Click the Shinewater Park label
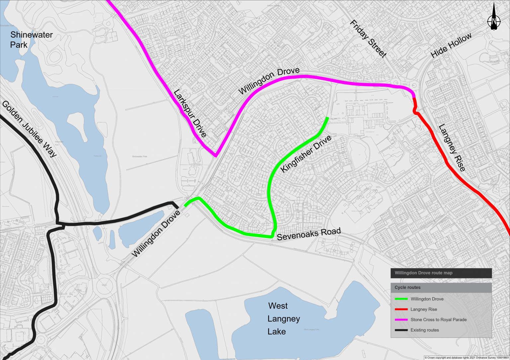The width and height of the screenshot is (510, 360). (31, 39)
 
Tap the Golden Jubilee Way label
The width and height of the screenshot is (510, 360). (29, 129)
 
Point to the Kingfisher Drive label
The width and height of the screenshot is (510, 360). (306, 154)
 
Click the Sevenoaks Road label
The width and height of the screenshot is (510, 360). (308, 234)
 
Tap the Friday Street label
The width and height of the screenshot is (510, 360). (368, 39)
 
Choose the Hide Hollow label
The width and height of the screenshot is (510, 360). (451, 45)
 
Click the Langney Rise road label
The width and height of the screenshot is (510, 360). (452, 148)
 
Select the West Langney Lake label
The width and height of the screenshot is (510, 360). (284, 319)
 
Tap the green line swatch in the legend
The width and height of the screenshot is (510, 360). (401, 299)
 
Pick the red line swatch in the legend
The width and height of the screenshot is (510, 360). (401, 309)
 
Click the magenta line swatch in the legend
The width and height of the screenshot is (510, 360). (401, 320)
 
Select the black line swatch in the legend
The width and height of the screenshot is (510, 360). (401, 330)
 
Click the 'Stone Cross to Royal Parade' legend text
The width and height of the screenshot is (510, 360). (438, 320)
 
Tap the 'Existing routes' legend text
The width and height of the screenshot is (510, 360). (425, 330)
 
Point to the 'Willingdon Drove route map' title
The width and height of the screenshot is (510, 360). (423, 273)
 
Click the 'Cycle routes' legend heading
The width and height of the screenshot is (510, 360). (407, 287)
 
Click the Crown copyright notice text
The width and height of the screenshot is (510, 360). (467, 358)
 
